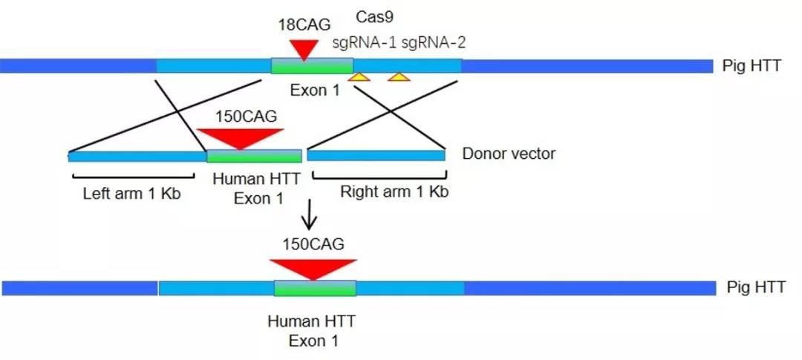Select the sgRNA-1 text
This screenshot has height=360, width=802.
(361, 42)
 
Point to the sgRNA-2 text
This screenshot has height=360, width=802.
(434, 42)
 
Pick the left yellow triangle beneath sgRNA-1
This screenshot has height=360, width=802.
(359, 76)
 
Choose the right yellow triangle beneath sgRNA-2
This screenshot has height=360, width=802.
(399, 76)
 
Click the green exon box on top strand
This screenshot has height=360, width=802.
(312, 66)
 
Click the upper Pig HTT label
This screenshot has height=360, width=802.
(752, 66)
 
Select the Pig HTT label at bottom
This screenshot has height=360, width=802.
(752, 287)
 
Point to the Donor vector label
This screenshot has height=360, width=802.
(509, 154)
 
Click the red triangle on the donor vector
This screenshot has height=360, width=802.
(241, 138)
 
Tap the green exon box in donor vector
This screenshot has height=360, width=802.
(254, 156)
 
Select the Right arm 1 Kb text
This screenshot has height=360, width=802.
(394, 192)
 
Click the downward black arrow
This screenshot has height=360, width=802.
(312, 215)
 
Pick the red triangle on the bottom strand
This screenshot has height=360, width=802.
(313, 268)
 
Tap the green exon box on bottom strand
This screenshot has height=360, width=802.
(315, 288)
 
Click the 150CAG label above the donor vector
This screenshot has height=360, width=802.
(243, 117)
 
